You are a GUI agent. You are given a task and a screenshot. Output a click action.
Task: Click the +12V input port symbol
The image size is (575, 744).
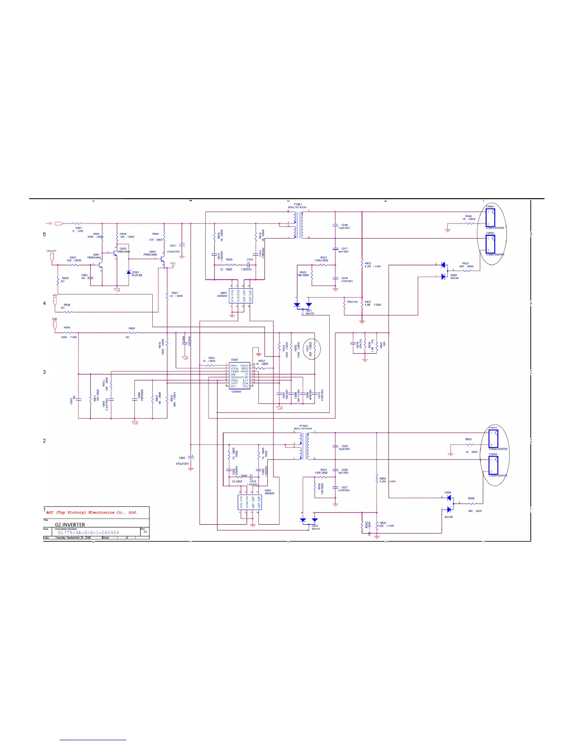pyautogui.click(x=58, y=224)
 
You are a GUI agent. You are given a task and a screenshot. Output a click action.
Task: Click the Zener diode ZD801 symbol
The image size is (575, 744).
pyautogui.click(x=129, y=272)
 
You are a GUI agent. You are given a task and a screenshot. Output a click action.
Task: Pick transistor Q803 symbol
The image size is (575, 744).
pyautogui.click(x=163, y=258)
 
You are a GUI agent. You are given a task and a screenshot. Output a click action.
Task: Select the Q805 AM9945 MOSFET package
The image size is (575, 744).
pyautogui.click(x=241, y=296)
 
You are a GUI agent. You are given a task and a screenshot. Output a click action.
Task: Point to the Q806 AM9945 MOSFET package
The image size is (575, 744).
pyautogui.click(x=249, y=503)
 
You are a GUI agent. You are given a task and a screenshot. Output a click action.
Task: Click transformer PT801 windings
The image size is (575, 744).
pyautogui.click(x=298, y=225)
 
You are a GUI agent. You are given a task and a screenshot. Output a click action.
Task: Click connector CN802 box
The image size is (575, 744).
pyautogui.click(x=490, y=244)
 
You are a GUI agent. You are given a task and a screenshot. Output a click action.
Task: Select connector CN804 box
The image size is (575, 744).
pyautogui.click(x=493, y=465)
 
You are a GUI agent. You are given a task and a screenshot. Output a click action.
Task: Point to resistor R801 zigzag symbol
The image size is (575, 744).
pyautogui.click(x=78, y=224)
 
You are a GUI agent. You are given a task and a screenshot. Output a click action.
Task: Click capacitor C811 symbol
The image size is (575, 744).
pyautogui.click(x=182, y=245)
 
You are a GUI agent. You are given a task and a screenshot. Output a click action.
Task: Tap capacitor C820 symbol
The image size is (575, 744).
pyautogui.click(x=191, y=457)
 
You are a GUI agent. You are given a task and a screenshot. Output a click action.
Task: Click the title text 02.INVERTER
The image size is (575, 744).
pyautogui.click(x=70, y=525)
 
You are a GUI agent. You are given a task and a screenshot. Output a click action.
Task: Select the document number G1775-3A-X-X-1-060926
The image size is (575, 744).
pyautogui.click(x=88, y=533)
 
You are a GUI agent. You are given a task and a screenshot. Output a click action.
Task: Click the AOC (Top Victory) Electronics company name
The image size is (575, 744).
pyautogui.click(x=92, y=512)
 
